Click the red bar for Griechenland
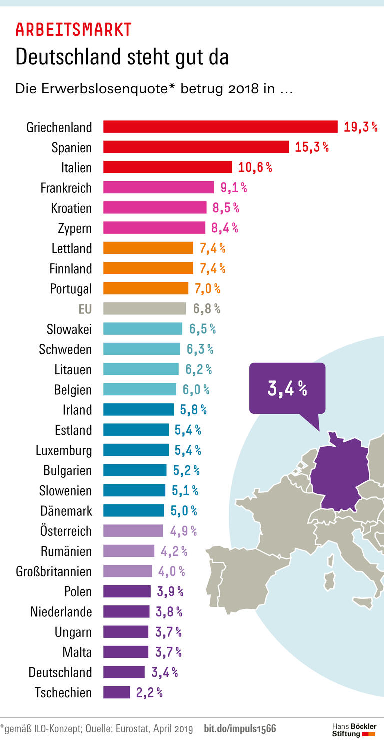(220, 127)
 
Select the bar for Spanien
(196, 147)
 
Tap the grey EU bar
(144, 309)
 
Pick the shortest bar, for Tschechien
(116, 692)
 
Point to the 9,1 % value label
(233, 188)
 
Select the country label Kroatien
(71, 208)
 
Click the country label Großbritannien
(61, 571)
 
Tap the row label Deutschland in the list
(60, 672)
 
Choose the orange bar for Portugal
(146, 288)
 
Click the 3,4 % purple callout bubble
(287, 388)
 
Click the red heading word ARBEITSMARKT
(73, 30)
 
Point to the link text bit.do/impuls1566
(240, 729)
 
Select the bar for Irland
(138, 410)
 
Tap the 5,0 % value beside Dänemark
(185, 511)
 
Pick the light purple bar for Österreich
(133, 531)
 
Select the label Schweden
(65, 349)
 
